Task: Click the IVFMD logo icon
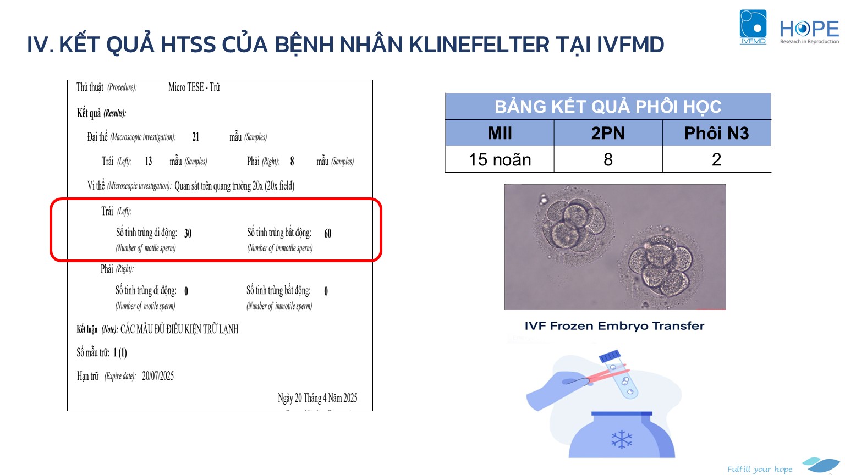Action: (753, 27)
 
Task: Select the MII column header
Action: (500, 133)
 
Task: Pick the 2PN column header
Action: (608, 133)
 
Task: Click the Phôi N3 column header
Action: (716, 133)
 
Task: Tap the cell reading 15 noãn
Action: (500, 159)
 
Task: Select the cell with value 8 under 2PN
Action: (608, 159)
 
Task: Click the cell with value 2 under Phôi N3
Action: (716, 159)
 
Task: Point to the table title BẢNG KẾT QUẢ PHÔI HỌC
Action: (608, 107)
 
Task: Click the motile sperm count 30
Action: (188, 233)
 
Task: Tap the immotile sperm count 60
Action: (327, 233)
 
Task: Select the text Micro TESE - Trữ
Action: (194, 87)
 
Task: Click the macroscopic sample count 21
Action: (195, 137)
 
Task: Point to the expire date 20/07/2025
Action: (158, 376)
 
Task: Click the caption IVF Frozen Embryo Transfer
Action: (614, 325)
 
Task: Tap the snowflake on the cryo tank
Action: (622, 440)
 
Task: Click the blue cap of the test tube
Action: (610, 356)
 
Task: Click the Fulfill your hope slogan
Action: (759, 469)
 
